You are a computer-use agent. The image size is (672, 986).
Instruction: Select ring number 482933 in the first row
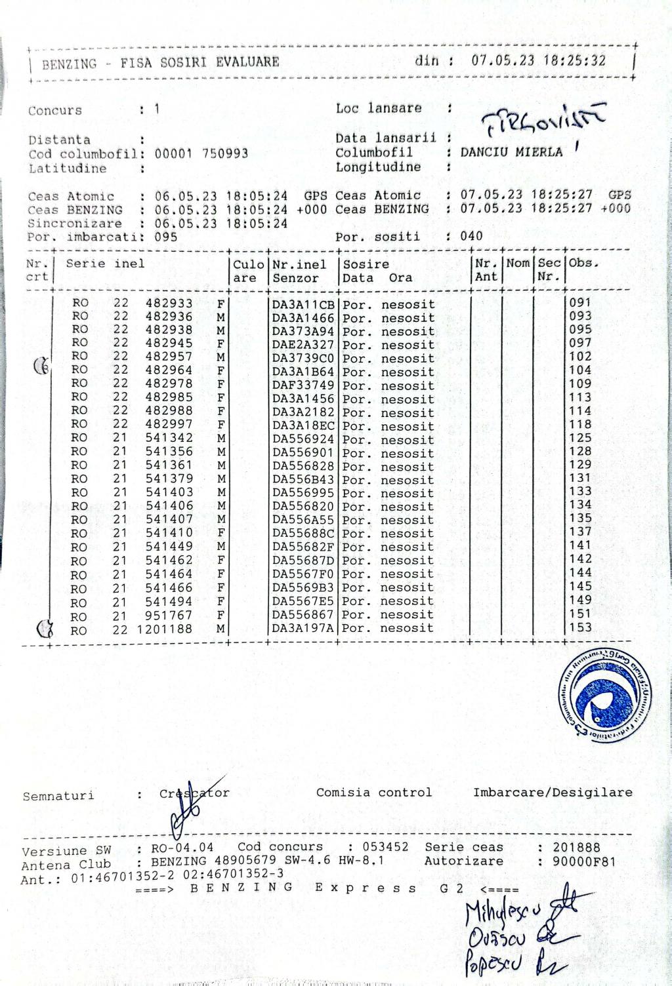coord(169,303)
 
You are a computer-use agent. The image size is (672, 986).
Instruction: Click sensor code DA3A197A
coord(303,628)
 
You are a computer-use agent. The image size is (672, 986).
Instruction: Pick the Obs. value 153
coord(580,627)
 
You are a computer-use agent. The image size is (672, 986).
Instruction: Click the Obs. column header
coord(584,264)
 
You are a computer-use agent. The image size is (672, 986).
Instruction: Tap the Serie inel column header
coord(105,264)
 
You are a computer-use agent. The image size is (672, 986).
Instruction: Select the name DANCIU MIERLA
coord(511,152)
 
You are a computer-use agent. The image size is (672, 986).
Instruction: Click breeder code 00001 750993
coord(201,153)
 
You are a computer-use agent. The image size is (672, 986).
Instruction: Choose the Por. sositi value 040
coord(471,236)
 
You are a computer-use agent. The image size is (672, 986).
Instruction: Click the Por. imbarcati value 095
coord(166,237)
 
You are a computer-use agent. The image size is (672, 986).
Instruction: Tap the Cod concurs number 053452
coord(387,847)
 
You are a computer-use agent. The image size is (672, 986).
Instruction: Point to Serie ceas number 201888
coord(576,847)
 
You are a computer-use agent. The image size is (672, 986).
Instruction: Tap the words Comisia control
coord(374,792)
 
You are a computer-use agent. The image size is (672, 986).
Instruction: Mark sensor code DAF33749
coord(303,385)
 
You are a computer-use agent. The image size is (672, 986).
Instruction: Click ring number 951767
coord(169,615)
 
